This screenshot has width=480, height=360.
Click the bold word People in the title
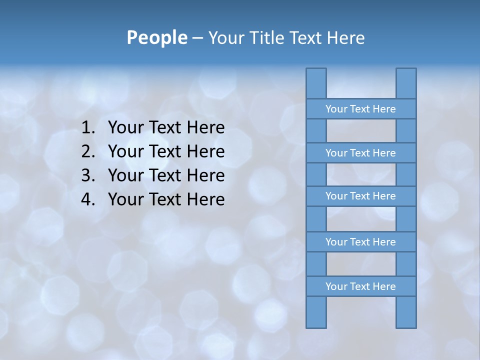pyautogui.click(x=156, y=37)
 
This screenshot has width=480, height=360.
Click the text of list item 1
pyautogui.click(x=166, y=128)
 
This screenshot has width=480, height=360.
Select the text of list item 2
pyautogui.click(x=166, y=151)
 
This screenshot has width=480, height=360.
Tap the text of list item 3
pyautogui.click(x=166, y=175)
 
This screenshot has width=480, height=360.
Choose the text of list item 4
pyautogui.click(x=166, y=199)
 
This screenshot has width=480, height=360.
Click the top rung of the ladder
pyautogui.click(x=360, y=109)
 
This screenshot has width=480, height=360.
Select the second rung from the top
pyautogui.click(x=360, y=153)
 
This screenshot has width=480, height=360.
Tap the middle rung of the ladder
pyautogui.click(x=360, y=196)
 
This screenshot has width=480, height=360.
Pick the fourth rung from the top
pyautogui.click(x=360, y=242)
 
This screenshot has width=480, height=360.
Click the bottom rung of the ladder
pyautogui.click(x=360, y=286)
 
